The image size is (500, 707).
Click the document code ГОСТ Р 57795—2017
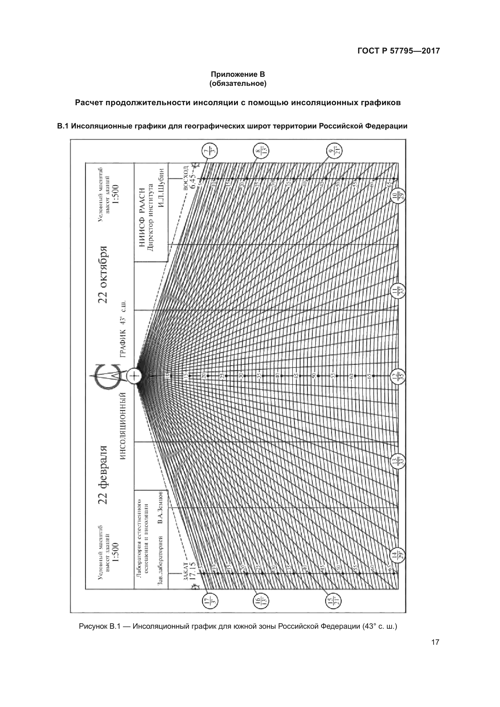pos(398,51)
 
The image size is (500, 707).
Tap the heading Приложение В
pos(238,74)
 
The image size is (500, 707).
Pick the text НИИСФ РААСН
pos(142,217)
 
